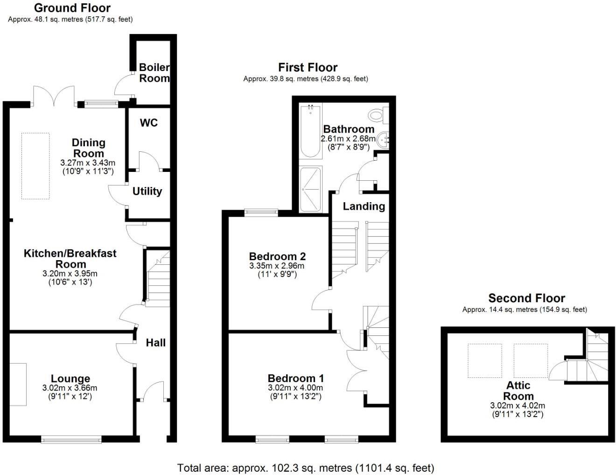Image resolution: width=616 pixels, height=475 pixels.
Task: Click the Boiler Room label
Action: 154,73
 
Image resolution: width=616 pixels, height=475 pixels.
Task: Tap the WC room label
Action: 149,123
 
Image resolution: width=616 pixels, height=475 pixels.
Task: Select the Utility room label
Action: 147,191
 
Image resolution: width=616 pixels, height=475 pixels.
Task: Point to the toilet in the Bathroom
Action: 376,114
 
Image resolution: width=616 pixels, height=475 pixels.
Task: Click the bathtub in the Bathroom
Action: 310,131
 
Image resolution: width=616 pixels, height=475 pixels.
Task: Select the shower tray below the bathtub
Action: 310,189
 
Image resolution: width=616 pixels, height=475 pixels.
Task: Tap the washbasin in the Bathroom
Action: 384,140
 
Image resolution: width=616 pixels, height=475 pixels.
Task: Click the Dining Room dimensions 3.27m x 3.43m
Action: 88,163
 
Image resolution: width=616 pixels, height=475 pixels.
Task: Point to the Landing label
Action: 364,206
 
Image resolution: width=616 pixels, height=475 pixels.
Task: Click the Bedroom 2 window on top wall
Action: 261,213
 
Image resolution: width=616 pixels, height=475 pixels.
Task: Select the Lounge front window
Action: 71,439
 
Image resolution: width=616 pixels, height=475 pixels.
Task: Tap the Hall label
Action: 155,343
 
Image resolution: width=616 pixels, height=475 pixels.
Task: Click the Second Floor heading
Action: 526,298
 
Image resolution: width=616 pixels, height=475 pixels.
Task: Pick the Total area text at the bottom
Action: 306,468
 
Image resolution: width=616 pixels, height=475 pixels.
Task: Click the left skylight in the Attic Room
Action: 485,361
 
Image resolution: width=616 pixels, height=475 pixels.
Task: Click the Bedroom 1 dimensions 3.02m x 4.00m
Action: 295,388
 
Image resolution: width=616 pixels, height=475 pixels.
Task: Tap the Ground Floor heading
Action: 72,8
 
